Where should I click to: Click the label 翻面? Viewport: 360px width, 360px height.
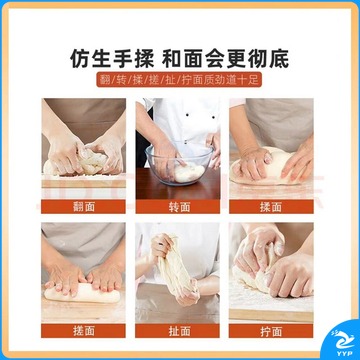83,207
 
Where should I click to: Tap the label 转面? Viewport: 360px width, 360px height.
178,207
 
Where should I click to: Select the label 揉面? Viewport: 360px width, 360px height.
271,207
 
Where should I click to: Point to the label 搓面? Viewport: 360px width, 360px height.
83,331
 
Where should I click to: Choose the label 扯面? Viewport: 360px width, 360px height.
178,331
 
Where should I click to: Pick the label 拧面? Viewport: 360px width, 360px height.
271,331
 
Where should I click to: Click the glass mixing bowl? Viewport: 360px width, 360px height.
179,163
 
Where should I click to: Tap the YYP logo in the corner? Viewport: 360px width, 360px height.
343,342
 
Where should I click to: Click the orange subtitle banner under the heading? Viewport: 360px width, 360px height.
179,80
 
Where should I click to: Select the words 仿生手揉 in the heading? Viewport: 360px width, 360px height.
112,59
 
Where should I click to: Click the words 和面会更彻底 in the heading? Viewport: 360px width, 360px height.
226,59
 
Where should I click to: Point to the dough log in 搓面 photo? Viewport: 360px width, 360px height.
82,293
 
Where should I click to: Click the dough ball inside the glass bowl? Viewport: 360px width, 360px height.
189,173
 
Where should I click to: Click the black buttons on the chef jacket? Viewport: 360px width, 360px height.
199,116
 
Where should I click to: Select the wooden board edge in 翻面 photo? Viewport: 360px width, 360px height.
84,183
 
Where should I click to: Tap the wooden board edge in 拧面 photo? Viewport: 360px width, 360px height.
271,315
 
